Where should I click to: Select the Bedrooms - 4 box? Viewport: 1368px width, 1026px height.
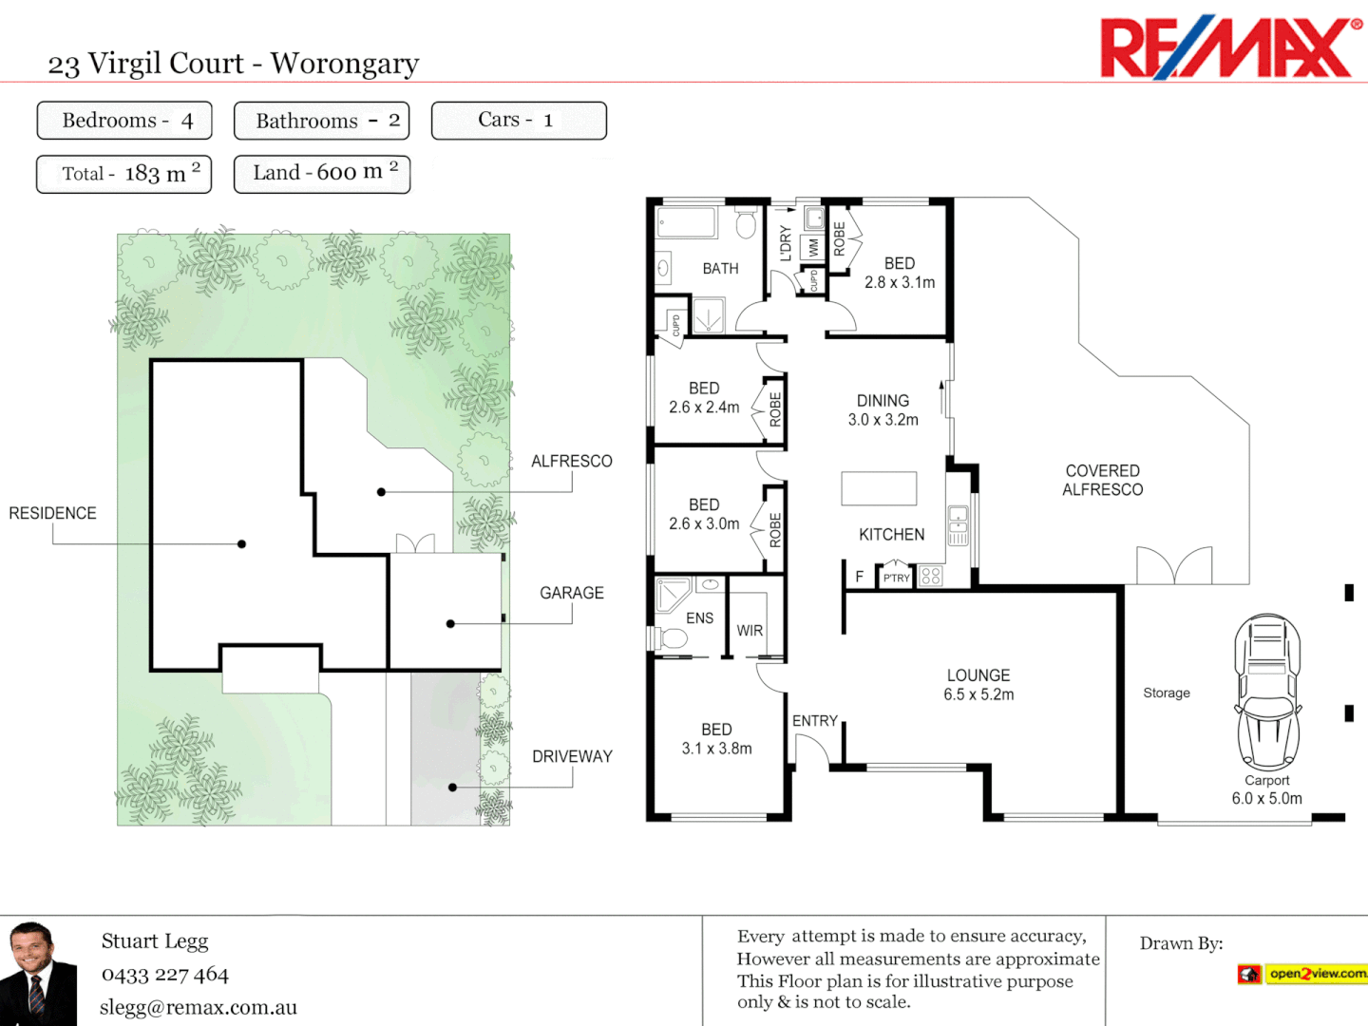124,121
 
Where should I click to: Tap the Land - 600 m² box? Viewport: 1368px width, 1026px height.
322,174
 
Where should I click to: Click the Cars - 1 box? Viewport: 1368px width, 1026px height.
519,121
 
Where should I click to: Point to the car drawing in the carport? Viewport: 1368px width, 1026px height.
1267,691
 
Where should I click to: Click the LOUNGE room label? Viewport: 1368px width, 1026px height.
978,675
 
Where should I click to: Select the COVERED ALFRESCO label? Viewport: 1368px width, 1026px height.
1102,480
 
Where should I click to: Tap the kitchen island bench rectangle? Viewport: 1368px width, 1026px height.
879,488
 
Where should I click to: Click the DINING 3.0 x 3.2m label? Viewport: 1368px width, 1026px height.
883,409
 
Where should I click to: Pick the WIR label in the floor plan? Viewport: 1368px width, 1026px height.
750,631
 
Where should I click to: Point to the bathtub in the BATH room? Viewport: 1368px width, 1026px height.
687,223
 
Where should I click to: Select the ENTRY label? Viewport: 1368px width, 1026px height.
815,721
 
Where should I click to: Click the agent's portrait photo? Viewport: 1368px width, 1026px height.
38,973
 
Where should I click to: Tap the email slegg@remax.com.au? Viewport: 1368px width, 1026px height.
199,1007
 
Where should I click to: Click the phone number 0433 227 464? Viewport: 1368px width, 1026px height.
165,974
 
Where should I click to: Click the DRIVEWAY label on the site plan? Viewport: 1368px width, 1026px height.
572,756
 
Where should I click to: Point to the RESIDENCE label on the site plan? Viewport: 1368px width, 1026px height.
53,513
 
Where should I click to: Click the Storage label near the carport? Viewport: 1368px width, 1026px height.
1167,693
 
